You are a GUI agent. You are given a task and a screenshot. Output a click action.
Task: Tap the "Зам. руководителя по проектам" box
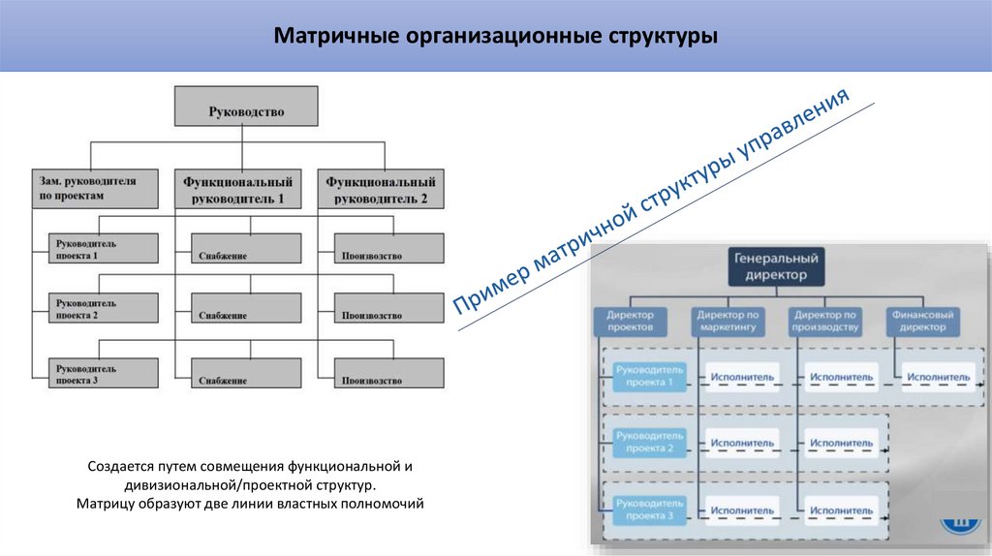tap(92, 188)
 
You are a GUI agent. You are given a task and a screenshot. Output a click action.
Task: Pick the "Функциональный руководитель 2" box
tap(381, 188)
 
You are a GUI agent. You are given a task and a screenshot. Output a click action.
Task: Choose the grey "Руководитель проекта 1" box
tap(103, 249)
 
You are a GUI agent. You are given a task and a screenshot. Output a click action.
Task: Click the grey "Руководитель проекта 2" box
tap(103, 308)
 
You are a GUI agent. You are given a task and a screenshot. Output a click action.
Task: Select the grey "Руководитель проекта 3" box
tap(103, 373)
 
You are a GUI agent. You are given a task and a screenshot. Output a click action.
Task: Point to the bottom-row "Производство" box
tap(387, 373)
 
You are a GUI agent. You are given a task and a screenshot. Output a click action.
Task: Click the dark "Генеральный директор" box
tap(776, 266)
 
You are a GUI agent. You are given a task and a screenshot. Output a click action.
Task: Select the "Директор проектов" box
tap(631, 321)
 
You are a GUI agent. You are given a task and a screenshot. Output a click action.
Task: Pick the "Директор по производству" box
tap(824, 321)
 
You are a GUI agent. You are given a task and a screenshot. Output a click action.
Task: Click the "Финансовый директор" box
tap(921, 321)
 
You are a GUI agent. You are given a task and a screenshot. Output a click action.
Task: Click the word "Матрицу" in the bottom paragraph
tap(102, 505)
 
